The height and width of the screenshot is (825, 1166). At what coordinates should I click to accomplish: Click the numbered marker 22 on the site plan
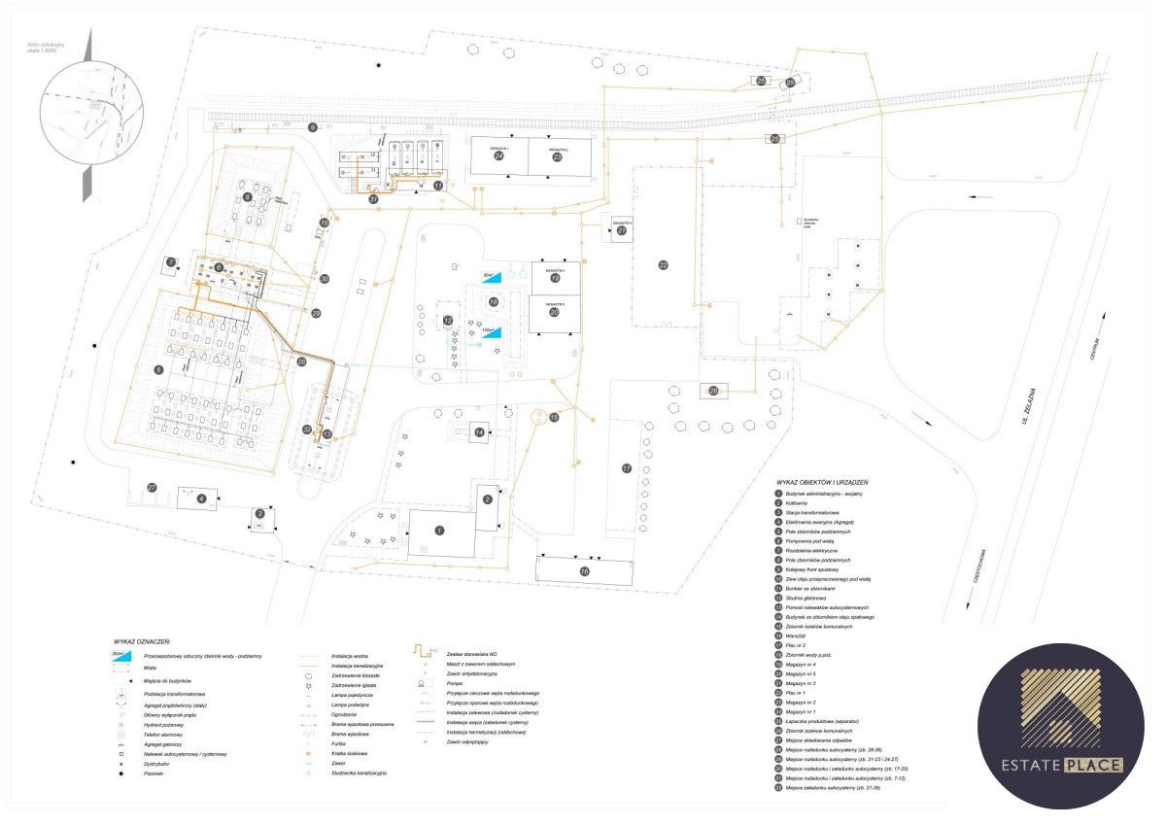click(664, 264)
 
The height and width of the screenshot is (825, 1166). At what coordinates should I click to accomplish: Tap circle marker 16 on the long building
click(584, 571)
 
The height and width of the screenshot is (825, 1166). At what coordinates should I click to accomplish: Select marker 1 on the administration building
click(439, 531)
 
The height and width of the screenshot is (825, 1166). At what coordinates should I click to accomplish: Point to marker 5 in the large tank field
click(158, 369)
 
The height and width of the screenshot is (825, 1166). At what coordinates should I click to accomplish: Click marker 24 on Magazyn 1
click(499, 155)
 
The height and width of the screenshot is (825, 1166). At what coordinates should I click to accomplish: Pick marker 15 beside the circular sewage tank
click(554, 417)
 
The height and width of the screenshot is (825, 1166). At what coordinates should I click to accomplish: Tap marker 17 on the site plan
click(627, 468)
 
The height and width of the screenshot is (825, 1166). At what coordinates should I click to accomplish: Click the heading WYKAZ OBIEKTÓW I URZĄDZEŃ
click(821, 482)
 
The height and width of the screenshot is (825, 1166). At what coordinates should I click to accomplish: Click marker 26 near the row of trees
click(713, 391)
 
